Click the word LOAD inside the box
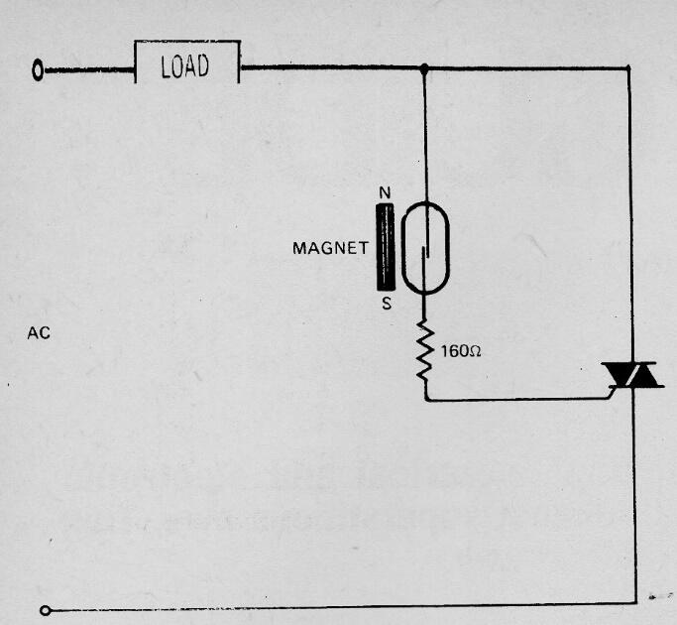coord(185,66)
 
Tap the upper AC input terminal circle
coord(38,70)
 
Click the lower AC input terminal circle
coord(46,610)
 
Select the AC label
coord(39,333)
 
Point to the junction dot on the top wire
coord(424,68)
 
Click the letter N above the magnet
coord(386,192)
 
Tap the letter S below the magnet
coord(387,304)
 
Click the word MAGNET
coord(330,249)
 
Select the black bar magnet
coord(386,247)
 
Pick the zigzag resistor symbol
coord(425,351)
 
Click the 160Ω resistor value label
coord(461,351)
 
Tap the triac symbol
coord(632,375)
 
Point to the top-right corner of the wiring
coord(628,67)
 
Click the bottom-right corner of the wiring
coord(636,602)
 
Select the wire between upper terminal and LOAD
coord(89,70)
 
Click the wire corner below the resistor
coord(426,400)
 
